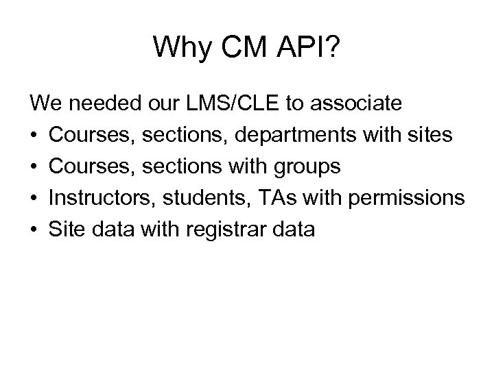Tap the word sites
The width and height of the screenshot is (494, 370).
click(429, 136)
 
